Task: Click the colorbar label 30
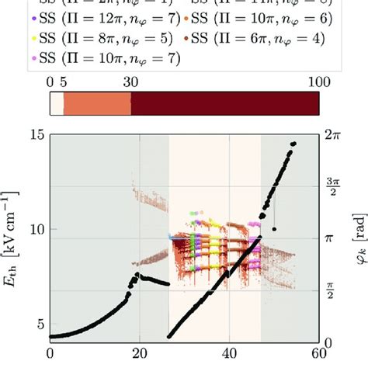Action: (131, 83)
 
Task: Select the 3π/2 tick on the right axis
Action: (335, 186)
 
